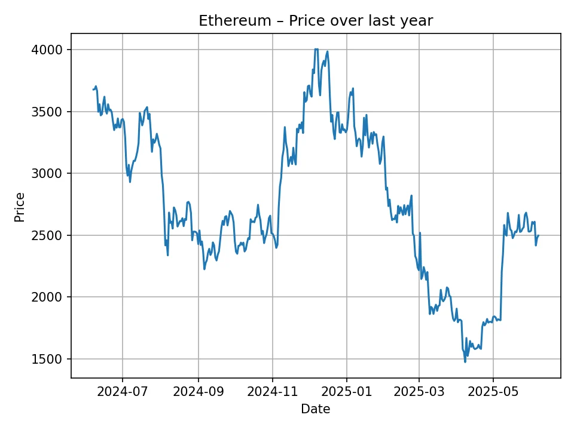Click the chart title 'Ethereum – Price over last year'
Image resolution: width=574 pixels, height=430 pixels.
tap(316, 21)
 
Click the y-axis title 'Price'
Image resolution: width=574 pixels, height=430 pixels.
tap(20, 207)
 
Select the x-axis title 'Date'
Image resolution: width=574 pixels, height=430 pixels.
tap(316, 409)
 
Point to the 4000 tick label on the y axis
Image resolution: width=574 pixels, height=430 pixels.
tap(47, 50)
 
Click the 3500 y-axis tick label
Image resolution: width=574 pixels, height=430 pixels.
tap(47, 112)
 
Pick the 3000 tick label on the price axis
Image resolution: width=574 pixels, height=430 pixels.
tap(47, 174)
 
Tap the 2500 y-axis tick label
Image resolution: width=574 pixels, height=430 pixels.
tap(47, 235)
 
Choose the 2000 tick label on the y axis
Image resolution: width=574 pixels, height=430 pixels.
tap(47, 297)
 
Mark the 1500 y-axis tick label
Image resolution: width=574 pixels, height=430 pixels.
tap(47, 360)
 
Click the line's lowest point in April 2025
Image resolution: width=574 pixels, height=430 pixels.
tap(465, 361)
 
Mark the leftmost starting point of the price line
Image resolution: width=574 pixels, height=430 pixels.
tap(93, 90)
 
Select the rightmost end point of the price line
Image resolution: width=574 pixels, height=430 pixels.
tap(539, 235)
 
